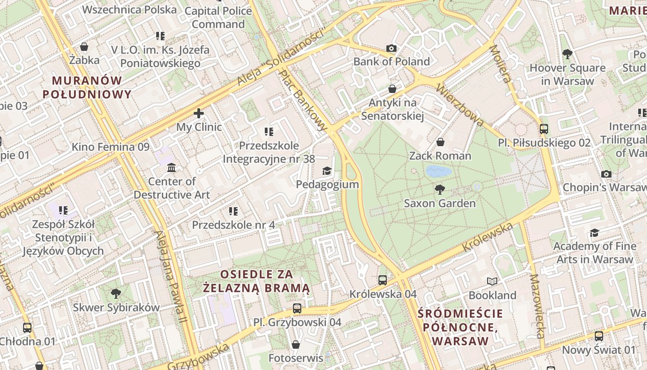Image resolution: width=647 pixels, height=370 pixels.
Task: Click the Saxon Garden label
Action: coord(439,203)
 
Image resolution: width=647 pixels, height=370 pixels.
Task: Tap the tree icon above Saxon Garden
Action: coord(440,189)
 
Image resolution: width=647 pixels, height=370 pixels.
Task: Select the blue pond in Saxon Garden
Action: coord(439,172)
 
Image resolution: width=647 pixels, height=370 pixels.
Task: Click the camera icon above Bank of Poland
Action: coord(391,48)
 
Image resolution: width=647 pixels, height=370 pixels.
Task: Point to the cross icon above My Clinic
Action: coord(199,113)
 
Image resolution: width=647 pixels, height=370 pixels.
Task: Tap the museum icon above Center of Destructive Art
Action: coord(171,167)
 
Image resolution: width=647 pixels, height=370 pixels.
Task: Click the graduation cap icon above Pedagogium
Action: coord(327,171)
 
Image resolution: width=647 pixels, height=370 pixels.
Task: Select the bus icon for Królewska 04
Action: coord(383,280)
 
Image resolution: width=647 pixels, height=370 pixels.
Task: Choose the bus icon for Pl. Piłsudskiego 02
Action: coord(544,129)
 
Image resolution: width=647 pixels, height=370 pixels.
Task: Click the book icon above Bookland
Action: coord(492,281)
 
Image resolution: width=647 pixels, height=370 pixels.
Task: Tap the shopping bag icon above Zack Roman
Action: coord(440,142)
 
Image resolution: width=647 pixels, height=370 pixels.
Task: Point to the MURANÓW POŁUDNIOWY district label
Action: coord(87,87)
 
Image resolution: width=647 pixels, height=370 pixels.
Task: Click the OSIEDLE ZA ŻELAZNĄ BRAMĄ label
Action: coord(256,281)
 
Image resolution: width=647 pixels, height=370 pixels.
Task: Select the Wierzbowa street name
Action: coord(460,105)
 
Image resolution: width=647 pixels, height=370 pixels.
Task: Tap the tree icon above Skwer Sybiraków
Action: coord(116,293)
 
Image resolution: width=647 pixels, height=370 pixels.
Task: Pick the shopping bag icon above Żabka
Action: coord(84,47)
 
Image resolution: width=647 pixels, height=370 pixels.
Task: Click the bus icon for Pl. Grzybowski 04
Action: coord(297,308)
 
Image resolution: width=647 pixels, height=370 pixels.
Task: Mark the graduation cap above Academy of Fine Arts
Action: coord(594,232)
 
